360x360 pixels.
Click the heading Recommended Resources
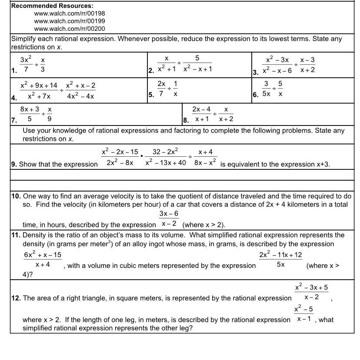tap(52, 6)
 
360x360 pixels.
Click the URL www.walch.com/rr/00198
tap(70, 13)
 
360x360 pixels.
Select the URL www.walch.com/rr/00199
tap(70, 21)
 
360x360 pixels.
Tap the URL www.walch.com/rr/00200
tap(70, 29)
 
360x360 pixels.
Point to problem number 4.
tap(14, 98)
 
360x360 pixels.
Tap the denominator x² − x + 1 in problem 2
tap(197, 69)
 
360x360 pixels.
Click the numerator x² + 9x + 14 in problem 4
tap(39, 86)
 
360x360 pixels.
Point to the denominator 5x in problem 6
tap(266, 93)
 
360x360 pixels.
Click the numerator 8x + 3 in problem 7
tap(30, 109)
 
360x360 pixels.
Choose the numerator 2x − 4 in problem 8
tap(201, 109)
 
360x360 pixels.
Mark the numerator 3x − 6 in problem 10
tap(169, 214)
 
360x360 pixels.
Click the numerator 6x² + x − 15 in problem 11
tap(43, 255)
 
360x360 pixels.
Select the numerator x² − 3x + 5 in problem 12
tap(311, 287)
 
